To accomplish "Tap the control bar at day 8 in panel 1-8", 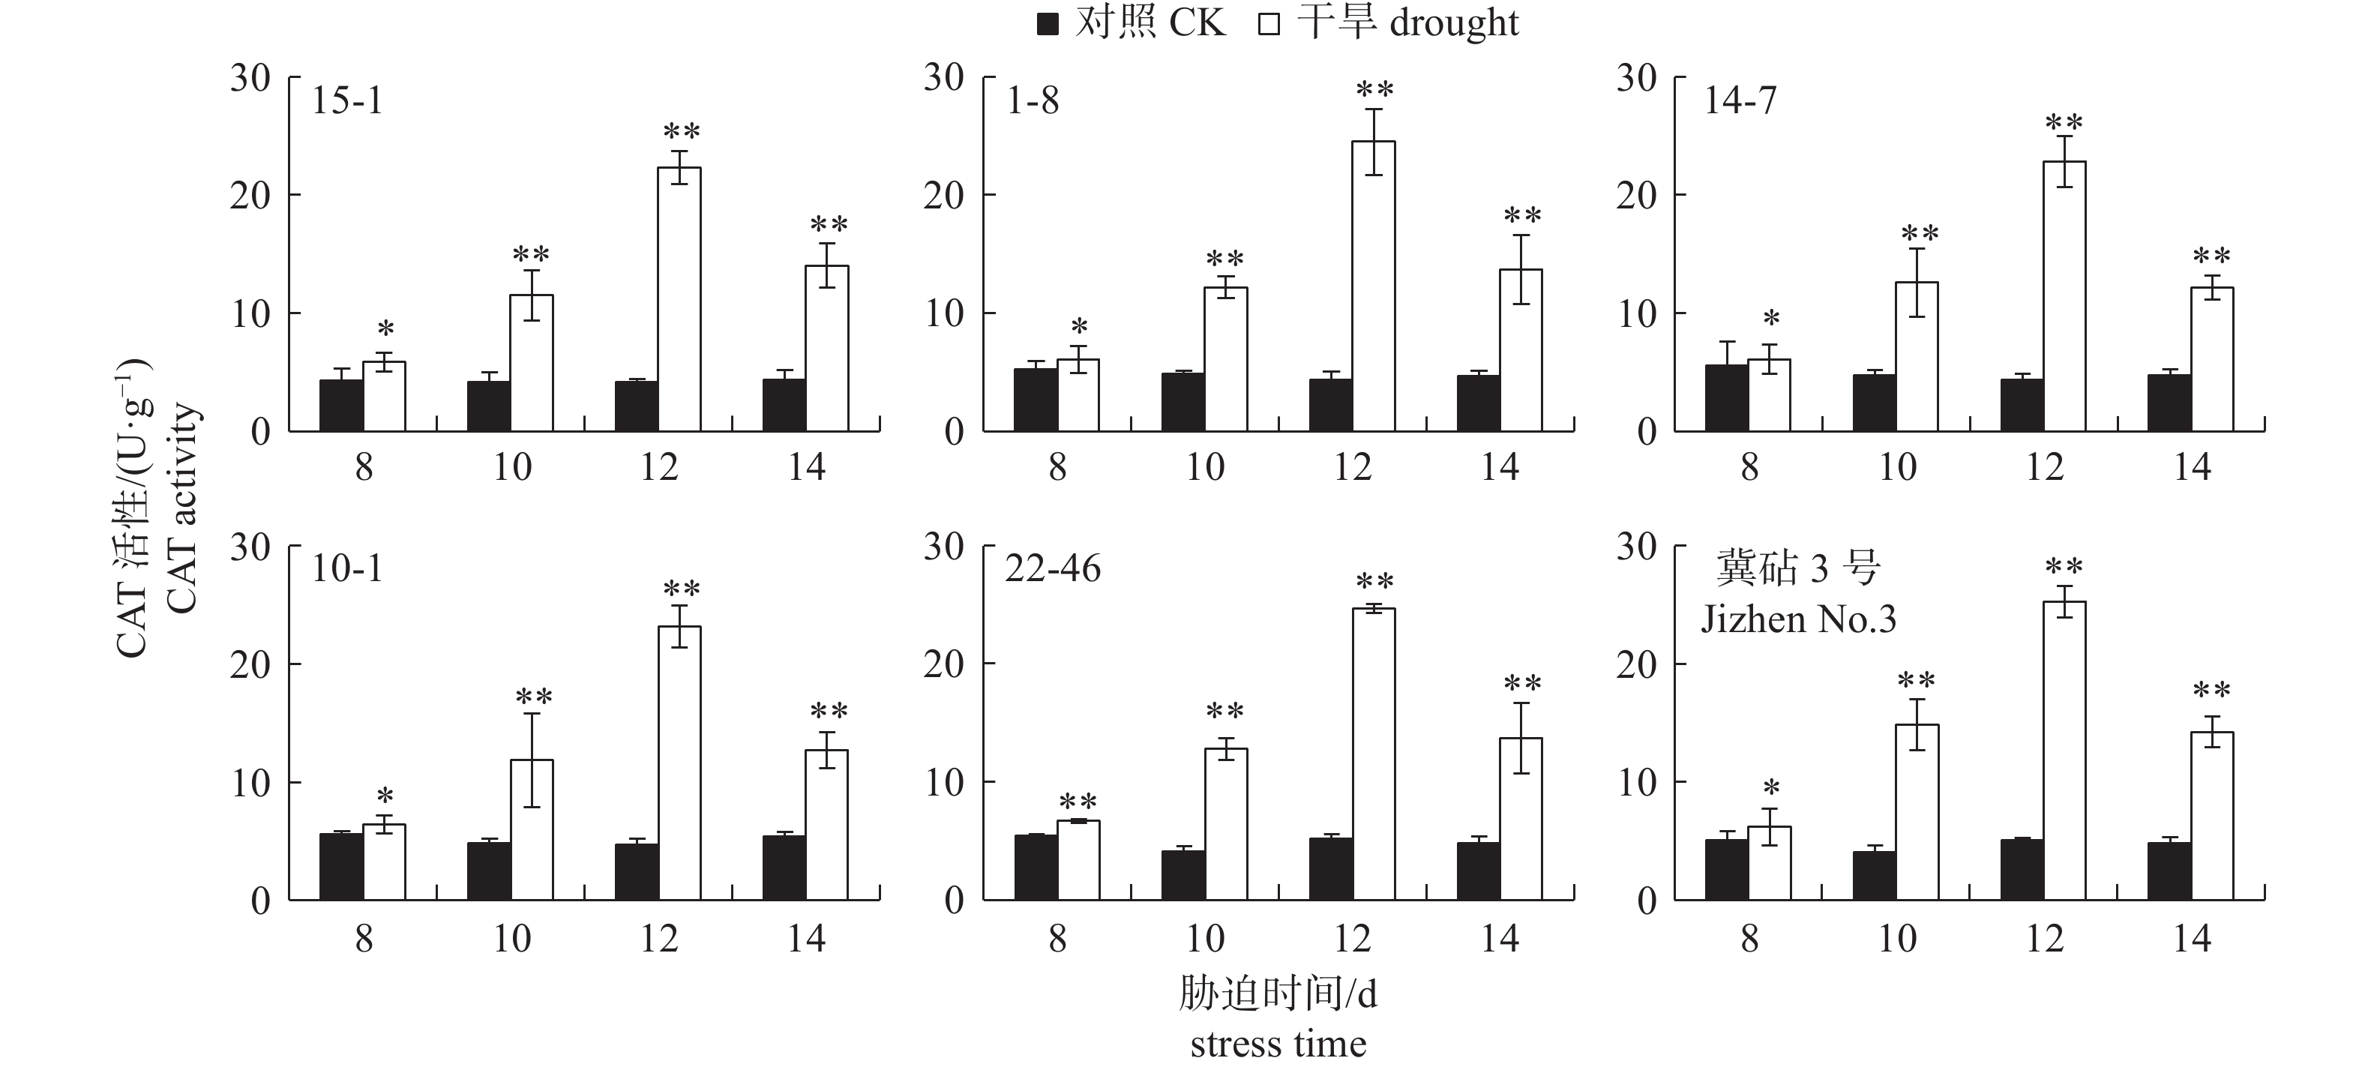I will [1036, 400].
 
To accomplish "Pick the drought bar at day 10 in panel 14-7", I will [1917, 357].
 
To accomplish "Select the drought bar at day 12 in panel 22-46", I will [1374, 754].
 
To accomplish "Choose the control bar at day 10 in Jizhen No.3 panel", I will [1874, 876].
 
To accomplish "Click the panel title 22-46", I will [1053, 569].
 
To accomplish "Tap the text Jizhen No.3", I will [1798, 620].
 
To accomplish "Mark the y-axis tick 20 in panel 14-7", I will [1637, 195].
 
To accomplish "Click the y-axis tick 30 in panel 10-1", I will [250, 547].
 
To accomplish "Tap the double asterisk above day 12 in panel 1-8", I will [1374, 91].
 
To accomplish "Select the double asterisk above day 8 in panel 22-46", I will [1078, 802].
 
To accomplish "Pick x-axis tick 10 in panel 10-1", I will [511, 939].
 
